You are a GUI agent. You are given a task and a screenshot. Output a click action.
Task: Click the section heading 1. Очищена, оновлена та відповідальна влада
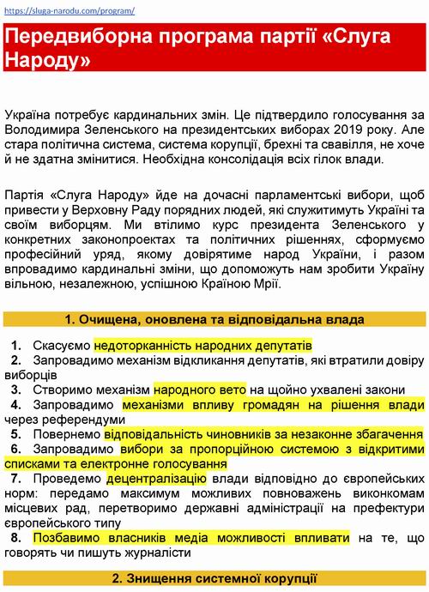pos(214,319)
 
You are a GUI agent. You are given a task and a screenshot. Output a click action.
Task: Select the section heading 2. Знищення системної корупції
pos(214,580)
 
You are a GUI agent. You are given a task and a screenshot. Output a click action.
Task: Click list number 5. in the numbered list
pos(17,435)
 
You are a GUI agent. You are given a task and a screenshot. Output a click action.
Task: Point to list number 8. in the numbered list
pos(17,537)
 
